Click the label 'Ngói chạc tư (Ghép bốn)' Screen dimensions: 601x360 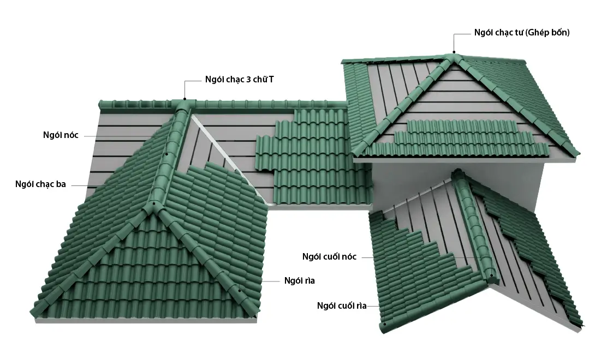(522, 33)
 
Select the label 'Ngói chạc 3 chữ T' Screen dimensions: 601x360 (240, 79)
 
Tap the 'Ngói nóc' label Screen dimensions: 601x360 (61, 135)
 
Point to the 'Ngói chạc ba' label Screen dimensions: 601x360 (40, 184)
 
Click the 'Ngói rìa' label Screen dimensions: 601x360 (299, 281)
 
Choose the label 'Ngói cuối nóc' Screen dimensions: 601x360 (329, 256)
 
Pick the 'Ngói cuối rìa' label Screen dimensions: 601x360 (342, 305)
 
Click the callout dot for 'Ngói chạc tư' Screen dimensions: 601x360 (454, 52)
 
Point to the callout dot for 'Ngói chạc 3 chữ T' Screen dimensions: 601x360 (185, 99)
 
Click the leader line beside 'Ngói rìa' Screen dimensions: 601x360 (271, 281)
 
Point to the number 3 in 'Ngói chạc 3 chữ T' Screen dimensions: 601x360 (249, 79)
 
